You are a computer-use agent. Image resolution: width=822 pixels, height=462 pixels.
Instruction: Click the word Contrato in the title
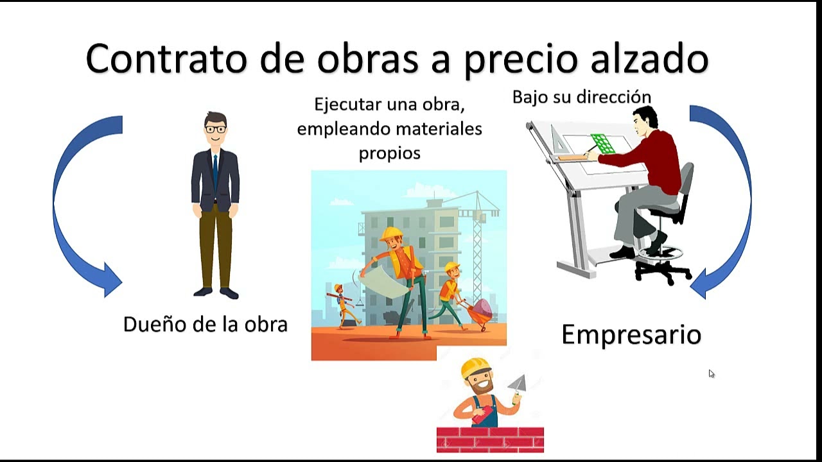pyautogui.click(x=166, y=59)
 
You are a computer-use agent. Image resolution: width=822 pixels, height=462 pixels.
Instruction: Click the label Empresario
pyautogui.click(x=631, y=334)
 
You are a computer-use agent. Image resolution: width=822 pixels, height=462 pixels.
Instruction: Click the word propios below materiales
pyautogui.click(x=389, y=153)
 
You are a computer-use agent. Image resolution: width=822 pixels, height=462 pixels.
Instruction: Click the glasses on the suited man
pyautogui.click(x=216, y=129)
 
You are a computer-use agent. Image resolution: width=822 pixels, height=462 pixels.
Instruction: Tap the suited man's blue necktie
pyautogui.click(x=215, y=170)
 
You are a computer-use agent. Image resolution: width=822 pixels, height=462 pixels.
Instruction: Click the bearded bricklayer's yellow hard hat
pyautogui.click(x=475, y=367)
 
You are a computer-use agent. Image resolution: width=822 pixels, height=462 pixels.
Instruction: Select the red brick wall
pyautogui.click(x=490, y=440)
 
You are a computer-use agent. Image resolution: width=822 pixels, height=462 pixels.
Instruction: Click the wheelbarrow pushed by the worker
pyautogui.click(x=480, y=312)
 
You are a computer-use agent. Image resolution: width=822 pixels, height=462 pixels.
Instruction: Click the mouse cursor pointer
pyautogui.click(x=711, y=373)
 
